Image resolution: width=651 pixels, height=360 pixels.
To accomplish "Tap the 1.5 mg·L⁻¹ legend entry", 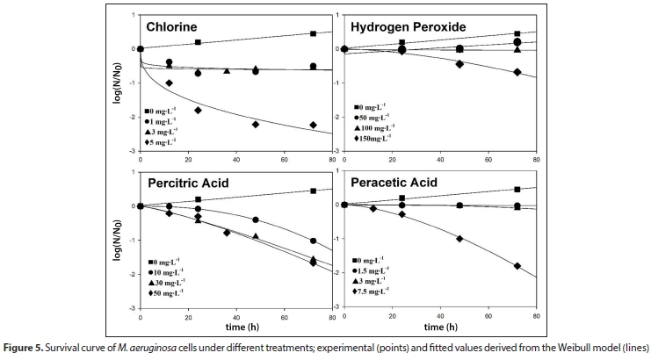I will click(x=372, y=270).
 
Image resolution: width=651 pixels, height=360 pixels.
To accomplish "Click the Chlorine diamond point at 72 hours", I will click(x=313, y=125).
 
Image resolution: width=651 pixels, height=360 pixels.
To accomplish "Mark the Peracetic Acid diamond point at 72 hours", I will click(x=517, y=266).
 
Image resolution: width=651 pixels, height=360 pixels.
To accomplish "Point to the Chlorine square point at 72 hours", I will click(x=313, y=34).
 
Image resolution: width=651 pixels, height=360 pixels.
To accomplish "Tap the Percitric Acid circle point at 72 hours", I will click(x=313, y=241).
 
